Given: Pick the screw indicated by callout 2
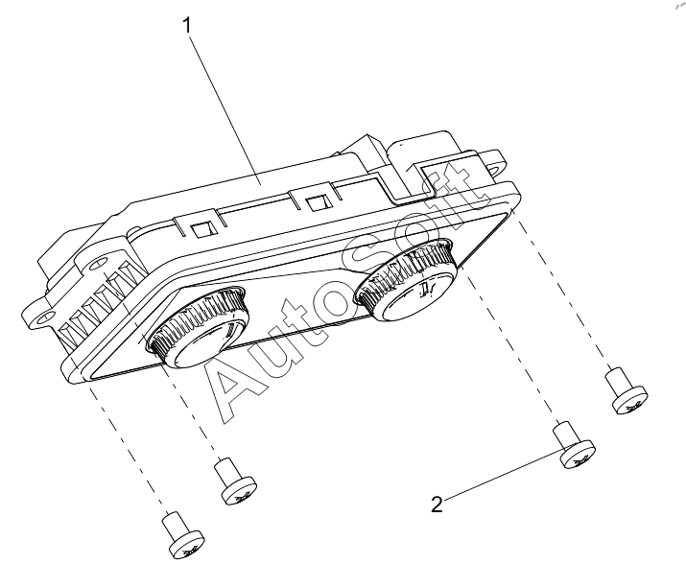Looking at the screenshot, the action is tap(574, 450).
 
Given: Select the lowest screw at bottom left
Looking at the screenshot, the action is tap(177, 534).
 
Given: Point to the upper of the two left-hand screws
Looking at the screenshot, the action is tap(234, 480).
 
